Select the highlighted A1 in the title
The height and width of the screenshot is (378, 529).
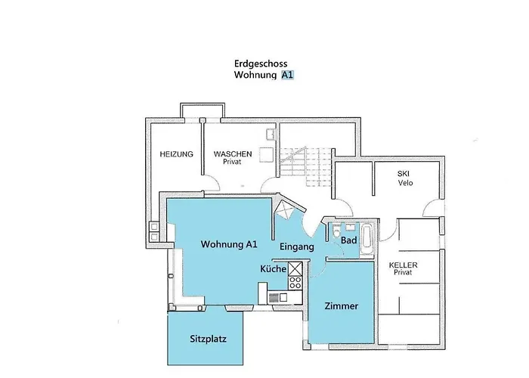coord(287,76)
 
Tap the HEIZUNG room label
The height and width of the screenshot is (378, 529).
coord(176,154)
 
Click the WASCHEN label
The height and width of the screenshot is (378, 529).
coord(232,153)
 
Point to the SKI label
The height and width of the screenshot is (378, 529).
coord(404,173)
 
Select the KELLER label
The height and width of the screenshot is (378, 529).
coord(403,265)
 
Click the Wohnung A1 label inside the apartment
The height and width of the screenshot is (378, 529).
coord(229,244)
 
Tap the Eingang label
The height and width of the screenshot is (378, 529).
coord(297,247)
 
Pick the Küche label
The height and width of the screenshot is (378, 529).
coord(273,269)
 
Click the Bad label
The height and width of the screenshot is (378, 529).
coord(348,240)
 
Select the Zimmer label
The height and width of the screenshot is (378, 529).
coord(341,306)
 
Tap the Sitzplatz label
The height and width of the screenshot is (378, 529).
coord(208,339)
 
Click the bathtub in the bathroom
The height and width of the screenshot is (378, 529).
coord(367,238)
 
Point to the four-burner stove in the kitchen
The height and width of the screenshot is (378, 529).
coord(295,285)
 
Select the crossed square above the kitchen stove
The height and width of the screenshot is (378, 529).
coord(295,269)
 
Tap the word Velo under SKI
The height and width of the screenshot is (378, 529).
coord(404,182)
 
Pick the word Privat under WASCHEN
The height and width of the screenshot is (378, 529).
coord(231,162)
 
